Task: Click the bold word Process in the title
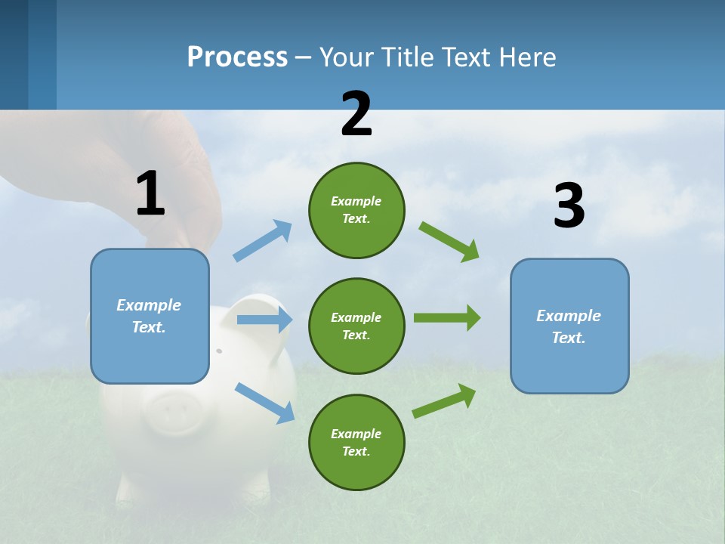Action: (x=237, y=57)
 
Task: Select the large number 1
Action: (x=150, y=194)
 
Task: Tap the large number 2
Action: (x=356, y=114)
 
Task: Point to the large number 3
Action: (x=569, y=206)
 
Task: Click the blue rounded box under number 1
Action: (x=150, y=316)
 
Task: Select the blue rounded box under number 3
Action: (x=569, y=326)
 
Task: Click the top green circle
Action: (x=356, y=210)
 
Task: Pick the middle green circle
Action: (x=356, y=326)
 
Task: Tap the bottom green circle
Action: (x=356, y=442)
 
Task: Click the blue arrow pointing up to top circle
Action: (x=263, y=240)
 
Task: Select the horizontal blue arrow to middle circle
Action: (x=264, y=320)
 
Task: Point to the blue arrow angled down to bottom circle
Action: (x=264, y=402)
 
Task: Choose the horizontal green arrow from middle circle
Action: (x=447, y=317)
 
